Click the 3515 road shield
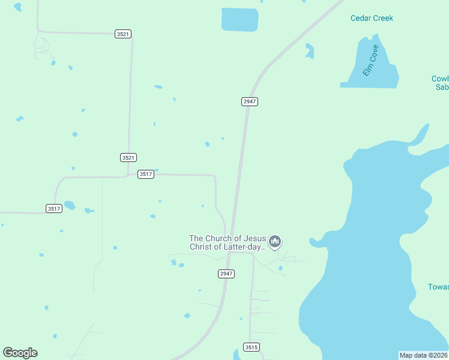coord(252,347)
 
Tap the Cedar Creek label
coord(372,18)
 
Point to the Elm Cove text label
coord(370,61)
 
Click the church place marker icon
coord(275,242)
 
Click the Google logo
coord(20,353)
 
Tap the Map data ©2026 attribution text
coord(424,355)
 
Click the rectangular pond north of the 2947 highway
coord(240,19)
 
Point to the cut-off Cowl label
coord(440,79)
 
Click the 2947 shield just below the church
coord(226,274)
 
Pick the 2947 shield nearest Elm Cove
coord(250,101)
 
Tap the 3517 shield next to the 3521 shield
coord(145,174)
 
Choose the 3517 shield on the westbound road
coord(54,208)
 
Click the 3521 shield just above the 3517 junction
coord(128,157)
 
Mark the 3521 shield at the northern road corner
coord(123,34)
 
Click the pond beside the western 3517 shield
coord(70,205)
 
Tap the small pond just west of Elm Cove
coord(309,51)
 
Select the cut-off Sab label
coord(442,87)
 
